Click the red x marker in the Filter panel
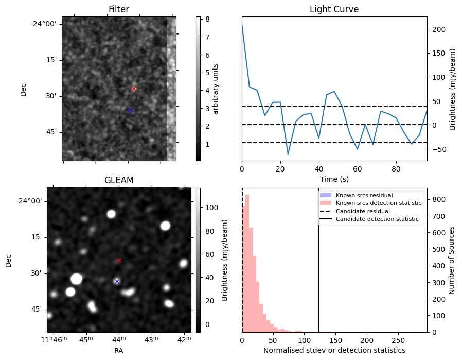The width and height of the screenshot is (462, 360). pos(134,89)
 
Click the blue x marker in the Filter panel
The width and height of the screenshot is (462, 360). pos(130,110)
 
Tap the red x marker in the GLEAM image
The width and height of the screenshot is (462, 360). pos(119,260)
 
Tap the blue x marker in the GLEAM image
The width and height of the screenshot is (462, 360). pos(117,281)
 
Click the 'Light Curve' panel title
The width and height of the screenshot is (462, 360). pos(334,9)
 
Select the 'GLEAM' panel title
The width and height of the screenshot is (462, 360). pos(119,180)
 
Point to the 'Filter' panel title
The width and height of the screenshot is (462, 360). pos(119,9)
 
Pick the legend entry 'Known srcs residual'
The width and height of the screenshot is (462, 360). pos(364,195)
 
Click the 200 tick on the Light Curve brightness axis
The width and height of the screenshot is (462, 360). pos(438,29)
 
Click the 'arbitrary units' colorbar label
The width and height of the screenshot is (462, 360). pos(216,89)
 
